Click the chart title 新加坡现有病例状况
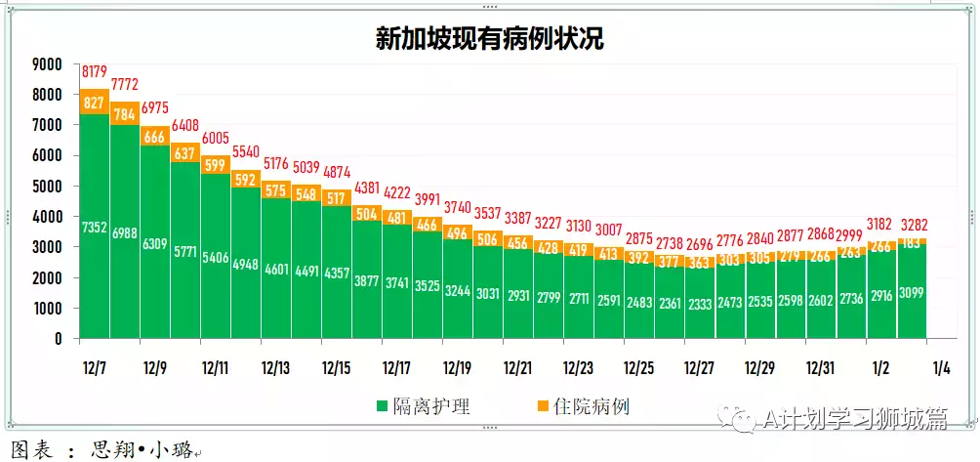tap(489, 38)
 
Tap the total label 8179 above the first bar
tap(95, 71)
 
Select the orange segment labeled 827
tap(95, 103)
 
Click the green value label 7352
tap(95, 227)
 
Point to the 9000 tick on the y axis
tap(47, 64)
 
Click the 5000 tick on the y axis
tap(47, 186)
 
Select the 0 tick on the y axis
tap(59, 339)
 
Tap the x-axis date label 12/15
tap(336, 368)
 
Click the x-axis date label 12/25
tap(638, 368)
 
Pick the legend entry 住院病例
tap(584, 406)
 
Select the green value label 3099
tap(912, 291)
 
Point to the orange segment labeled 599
tap(216, 166)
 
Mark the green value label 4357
tap(337, 273)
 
